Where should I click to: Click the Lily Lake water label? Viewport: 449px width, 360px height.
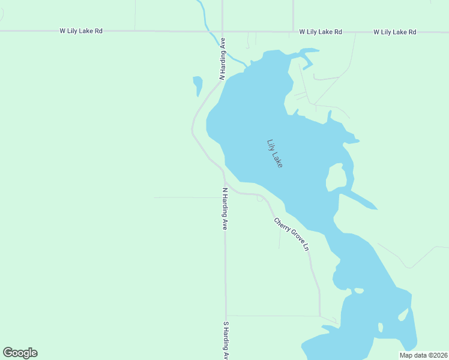click(274, 153)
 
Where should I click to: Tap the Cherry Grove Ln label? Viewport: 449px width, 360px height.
click(292, 234)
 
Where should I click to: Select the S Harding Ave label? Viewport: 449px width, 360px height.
click(226, 340)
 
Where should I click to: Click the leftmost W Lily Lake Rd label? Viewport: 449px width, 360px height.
click(81, 31)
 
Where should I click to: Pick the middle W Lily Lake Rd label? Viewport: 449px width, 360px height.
click(321, 31)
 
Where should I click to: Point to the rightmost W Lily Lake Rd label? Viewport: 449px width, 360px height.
click(394, 31)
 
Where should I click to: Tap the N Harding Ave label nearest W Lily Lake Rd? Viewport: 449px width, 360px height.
click(222, 59)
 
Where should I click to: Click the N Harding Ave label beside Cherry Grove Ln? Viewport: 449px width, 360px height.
click(225, 209)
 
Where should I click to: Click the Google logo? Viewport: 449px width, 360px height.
click(20, 353)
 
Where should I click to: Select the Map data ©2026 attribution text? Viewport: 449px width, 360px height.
click(423, 355)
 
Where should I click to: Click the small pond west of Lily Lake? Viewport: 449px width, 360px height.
click(197, 85)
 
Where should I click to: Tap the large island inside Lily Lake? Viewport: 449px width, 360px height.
click(336, 177)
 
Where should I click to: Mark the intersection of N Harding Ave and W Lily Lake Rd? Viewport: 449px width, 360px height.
click(222, 31)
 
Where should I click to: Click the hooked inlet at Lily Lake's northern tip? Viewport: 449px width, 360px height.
click(307, 58)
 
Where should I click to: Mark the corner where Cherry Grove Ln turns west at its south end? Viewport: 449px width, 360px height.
click(319, 315)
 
